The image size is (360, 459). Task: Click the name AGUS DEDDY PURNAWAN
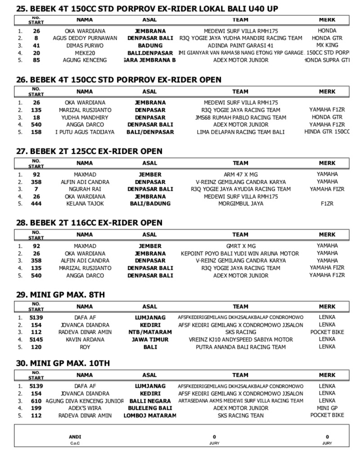tap(85, 38)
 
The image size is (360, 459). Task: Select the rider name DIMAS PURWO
tap(85, 45)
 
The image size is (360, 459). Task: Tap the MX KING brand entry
tap(327, 45)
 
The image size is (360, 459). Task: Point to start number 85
tap(36, 60)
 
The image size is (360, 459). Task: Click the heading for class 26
tap(119, 80)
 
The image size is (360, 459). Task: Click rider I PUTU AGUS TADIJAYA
tap(85, 132)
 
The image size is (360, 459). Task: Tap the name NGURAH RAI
tap(85, 189)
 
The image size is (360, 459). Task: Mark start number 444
tap(36, 204)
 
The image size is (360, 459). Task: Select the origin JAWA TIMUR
tap(150, 339)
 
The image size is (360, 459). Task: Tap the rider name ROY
tap(85, 347)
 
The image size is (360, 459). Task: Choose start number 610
tap(36, 401)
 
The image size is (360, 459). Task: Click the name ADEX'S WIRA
tap(85, 408)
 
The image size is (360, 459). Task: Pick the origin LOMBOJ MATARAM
tap(150, 415)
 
